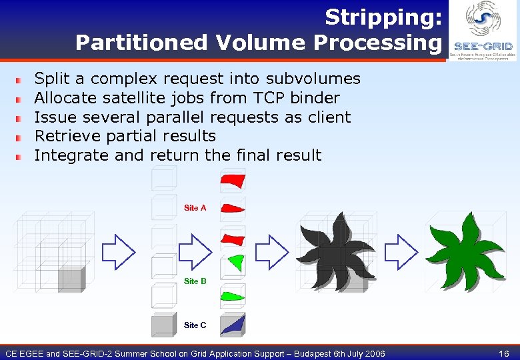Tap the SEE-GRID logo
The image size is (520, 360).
click(483, 31)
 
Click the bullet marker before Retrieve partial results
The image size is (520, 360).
click(20, 137)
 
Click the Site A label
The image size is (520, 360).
click(195, 208)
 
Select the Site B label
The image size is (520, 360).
click(195, 281)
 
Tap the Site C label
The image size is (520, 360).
click(195, 325)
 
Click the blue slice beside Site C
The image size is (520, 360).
click(233, 325)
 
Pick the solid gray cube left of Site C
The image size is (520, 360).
click(163, 325)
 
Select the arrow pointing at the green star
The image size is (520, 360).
click(401, 251)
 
